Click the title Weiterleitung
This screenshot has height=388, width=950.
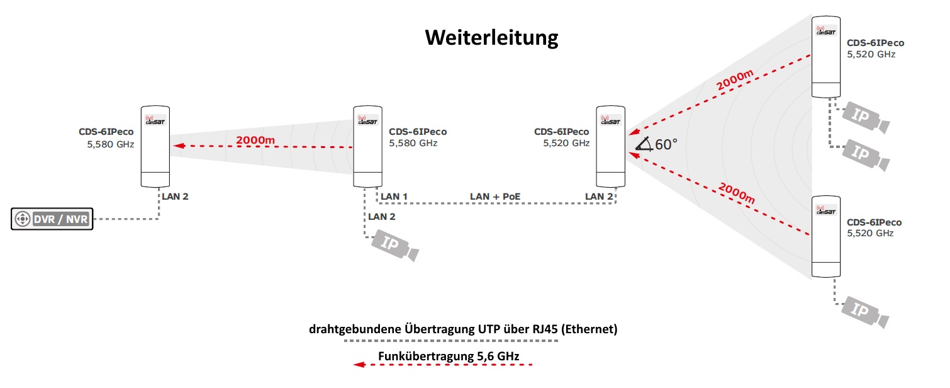tap(491, 38)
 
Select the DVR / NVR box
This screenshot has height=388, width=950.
tap(52, 219)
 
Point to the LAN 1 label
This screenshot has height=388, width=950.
tap(394, 197)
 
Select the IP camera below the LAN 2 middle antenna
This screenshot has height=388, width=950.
tap(394, 244)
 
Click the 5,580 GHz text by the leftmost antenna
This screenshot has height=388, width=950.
tap(111, 144)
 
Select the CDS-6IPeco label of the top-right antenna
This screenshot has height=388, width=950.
tap(875, 43)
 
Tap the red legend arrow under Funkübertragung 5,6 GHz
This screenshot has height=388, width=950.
tap(444, 365)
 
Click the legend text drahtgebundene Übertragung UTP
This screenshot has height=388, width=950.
tap(440, 329)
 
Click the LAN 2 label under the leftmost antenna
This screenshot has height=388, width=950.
tap(175, 197)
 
